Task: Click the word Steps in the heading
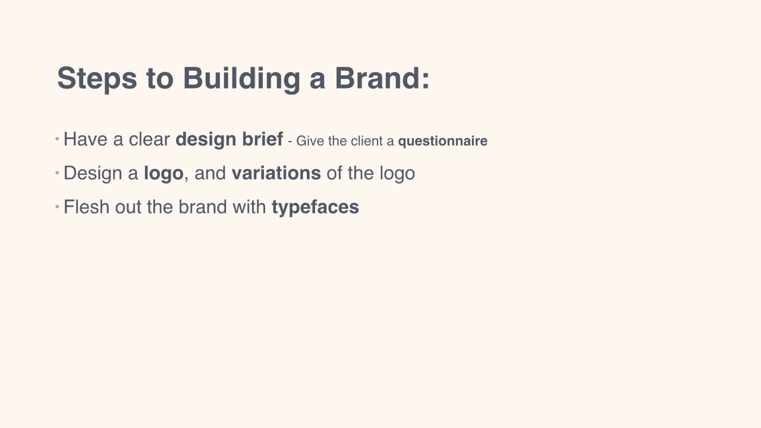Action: pyautogui.click(x=97, y=79)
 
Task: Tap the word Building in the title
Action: pyautogui.click(x=241, y=79)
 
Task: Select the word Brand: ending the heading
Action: pyautogui.click(x=382, y=78)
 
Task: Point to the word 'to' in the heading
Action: pyautogui.click(x=160, y=79)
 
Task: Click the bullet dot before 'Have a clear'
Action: pyautogui.click(x=57, y=139)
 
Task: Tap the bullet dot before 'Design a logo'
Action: pyautogui.click(x=57, y=173)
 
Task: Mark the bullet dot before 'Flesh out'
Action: pyautogui.click(x=57, y=206)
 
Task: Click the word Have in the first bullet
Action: pyautogui.click(x=86, y=139)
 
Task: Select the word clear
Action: pyautogui.click(x=149, y=139)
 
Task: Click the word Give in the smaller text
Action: pyautogui.click(x=310, y=141)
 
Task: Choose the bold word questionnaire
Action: pyautogui.click(x=443, y=141)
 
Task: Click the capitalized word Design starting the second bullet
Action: pyautogui.click(x=93, y=174)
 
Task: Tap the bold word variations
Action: pyautogui.click(x=276, y=173)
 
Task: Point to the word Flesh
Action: pyautogui.click(x=86, y=207)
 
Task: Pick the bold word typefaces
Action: pyautogui.click(x=315, y=207)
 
